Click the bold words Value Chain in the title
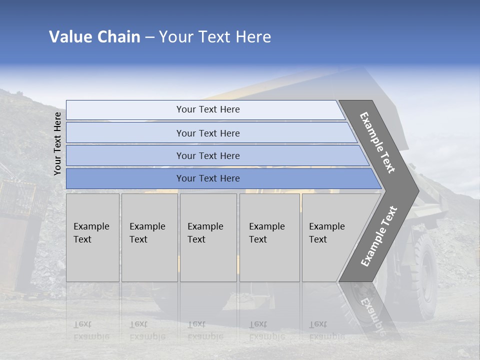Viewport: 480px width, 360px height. (94, 37)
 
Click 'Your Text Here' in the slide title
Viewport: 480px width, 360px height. (215, 37)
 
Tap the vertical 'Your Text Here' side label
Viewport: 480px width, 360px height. (57, 143)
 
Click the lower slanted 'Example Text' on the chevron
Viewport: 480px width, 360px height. (379, 236)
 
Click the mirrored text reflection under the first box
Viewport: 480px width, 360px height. (91, 330)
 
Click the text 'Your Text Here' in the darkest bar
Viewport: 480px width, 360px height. (208, 178)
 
